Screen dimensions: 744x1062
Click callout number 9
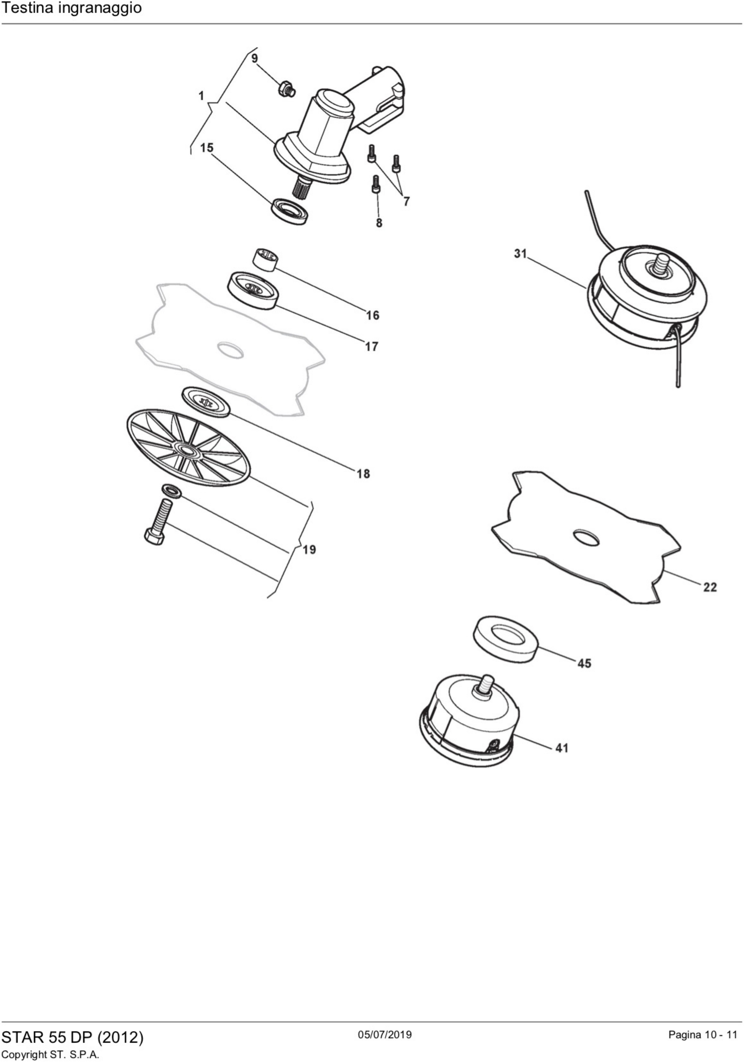[254, 59]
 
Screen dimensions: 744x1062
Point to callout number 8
[379, 223]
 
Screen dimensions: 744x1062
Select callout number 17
[371, 346]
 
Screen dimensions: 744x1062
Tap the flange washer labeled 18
[206, 402]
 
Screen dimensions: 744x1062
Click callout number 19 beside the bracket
[309, 549]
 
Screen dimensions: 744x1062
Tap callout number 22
[710, 587]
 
